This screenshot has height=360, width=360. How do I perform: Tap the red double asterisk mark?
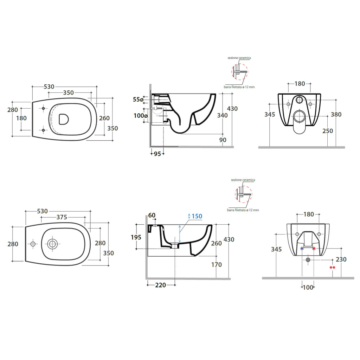(332, 268)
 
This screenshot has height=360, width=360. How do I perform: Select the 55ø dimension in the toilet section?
(138, 99)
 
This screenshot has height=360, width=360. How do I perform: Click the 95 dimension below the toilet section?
(157, 154)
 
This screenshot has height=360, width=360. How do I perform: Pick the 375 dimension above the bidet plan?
(62, 217)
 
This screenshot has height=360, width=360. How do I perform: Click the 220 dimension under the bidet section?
(160, 285)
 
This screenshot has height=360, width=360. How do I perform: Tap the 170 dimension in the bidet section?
(217, 265)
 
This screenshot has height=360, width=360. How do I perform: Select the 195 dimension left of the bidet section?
(136, 237)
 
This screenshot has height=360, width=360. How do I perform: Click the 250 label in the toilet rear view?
(328, 131)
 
